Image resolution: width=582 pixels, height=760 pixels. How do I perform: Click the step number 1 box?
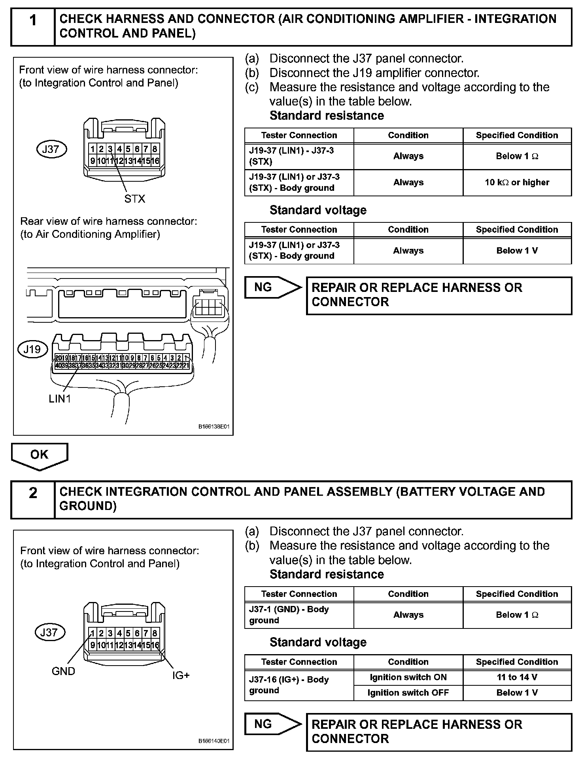point(33,26)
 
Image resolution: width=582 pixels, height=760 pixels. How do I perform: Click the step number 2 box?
point(33,499)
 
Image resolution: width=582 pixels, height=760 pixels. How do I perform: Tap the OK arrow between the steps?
point(40,455)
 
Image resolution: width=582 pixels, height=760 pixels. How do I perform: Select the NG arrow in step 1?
point(272,287)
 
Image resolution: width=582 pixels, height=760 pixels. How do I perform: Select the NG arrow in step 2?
point(272,724)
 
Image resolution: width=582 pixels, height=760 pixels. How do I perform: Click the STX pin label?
point(135,199)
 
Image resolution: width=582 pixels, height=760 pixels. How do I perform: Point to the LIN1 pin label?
point(60,399)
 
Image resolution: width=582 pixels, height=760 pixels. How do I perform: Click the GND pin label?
point(63,671)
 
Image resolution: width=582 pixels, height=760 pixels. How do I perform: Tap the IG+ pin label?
point(181,675)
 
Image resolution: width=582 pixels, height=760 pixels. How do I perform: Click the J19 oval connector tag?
point(32,350)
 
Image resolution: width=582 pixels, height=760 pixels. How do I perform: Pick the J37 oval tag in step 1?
point(51,149)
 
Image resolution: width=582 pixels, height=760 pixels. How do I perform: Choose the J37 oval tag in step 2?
point(49,632)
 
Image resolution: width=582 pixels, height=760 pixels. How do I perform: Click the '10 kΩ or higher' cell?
point(517,182)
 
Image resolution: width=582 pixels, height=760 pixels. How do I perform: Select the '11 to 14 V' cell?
point(517,677)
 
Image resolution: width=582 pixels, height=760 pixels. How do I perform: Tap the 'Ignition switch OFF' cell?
point(408,692)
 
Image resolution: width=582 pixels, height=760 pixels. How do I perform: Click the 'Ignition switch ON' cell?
point(408,677)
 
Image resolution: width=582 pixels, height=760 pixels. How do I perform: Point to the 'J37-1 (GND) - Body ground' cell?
point(299,615)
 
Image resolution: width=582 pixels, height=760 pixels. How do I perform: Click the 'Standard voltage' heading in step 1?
point(318,210)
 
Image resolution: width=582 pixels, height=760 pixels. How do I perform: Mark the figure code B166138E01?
point(214,427)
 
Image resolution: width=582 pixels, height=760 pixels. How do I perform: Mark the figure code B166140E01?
point(214,741)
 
